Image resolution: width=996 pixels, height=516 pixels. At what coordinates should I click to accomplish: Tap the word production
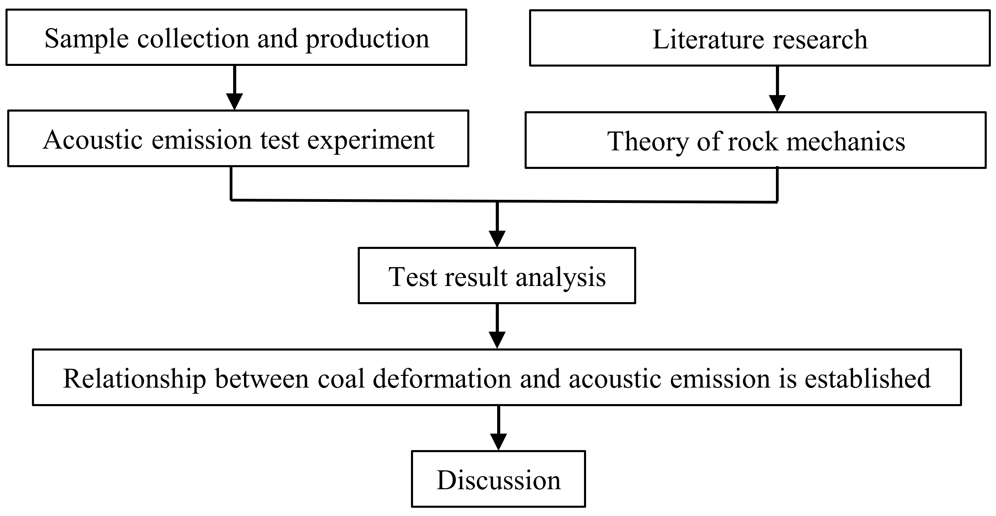(367, 39)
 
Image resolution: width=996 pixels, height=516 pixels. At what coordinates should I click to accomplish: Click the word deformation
(442, 379)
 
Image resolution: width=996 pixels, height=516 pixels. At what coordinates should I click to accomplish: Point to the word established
(868, 379)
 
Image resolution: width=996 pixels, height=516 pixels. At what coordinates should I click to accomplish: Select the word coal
(341, 379)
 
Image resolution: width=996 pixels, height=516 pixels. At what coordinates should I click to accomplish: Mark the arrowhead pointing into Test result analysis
(497, 239)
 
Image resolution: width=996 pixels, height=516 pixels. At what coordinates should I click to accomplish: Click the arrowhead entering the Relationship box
(497, 340)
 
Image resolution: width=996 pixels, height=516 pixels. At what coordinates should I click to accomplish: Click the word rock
(753, 141)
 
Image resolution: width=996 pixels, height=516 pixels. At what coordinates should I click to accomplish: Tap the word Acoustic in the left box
(93, 140)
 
